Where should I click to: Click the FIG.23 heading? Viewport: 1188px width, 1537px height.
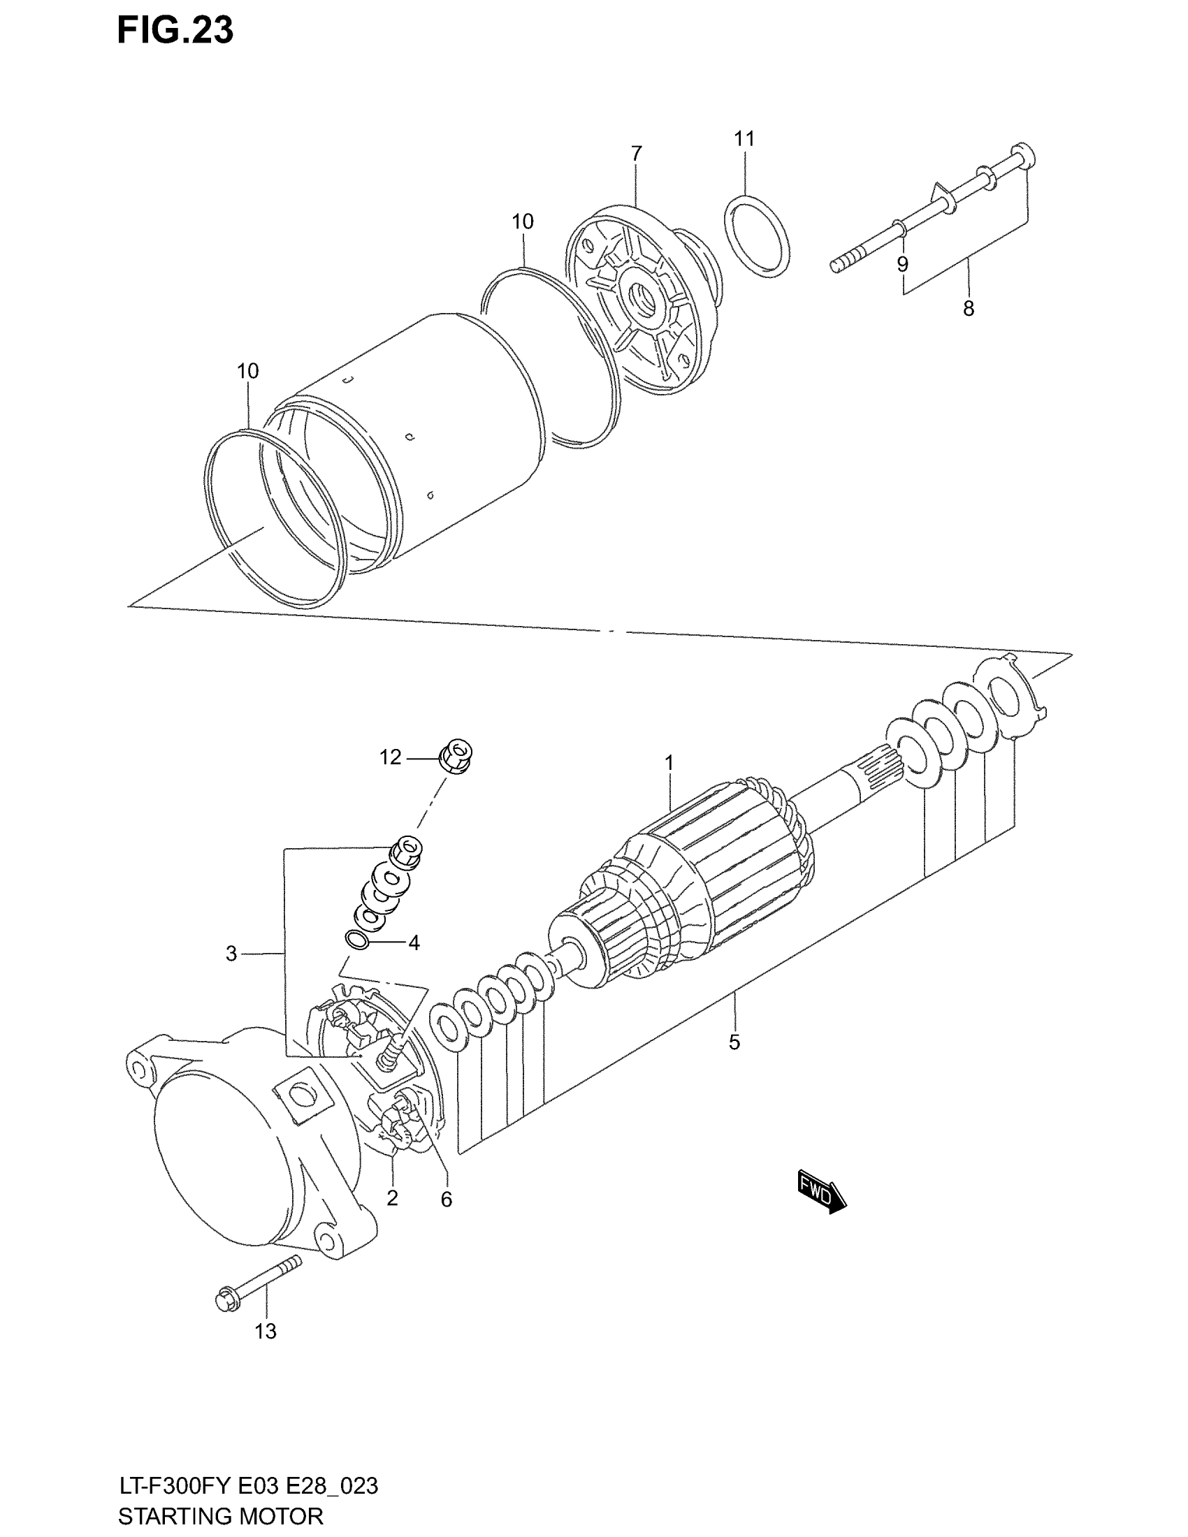175,30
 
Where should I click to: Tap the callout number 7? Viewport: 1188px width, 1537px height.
636,154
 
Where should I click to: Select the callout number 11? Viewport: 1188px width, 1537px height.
744,139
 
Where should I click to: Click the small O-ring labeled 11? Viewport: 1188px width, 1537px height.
758,236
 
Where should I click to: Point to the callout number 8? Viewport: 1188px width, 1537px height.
969,308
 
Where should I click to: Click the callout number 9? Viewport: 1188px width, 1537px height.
902,265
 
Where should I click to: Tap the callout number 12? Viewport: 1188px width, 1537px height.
390,757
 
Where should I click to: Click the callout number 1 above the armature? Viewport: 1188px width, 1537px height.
669,763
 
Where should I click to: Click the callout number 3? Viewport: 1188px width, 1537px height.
231,954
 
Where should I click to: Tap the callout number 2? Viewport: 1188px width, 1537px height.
392,1197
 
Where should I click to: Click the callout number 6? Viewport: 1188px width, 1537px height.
447,1199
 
